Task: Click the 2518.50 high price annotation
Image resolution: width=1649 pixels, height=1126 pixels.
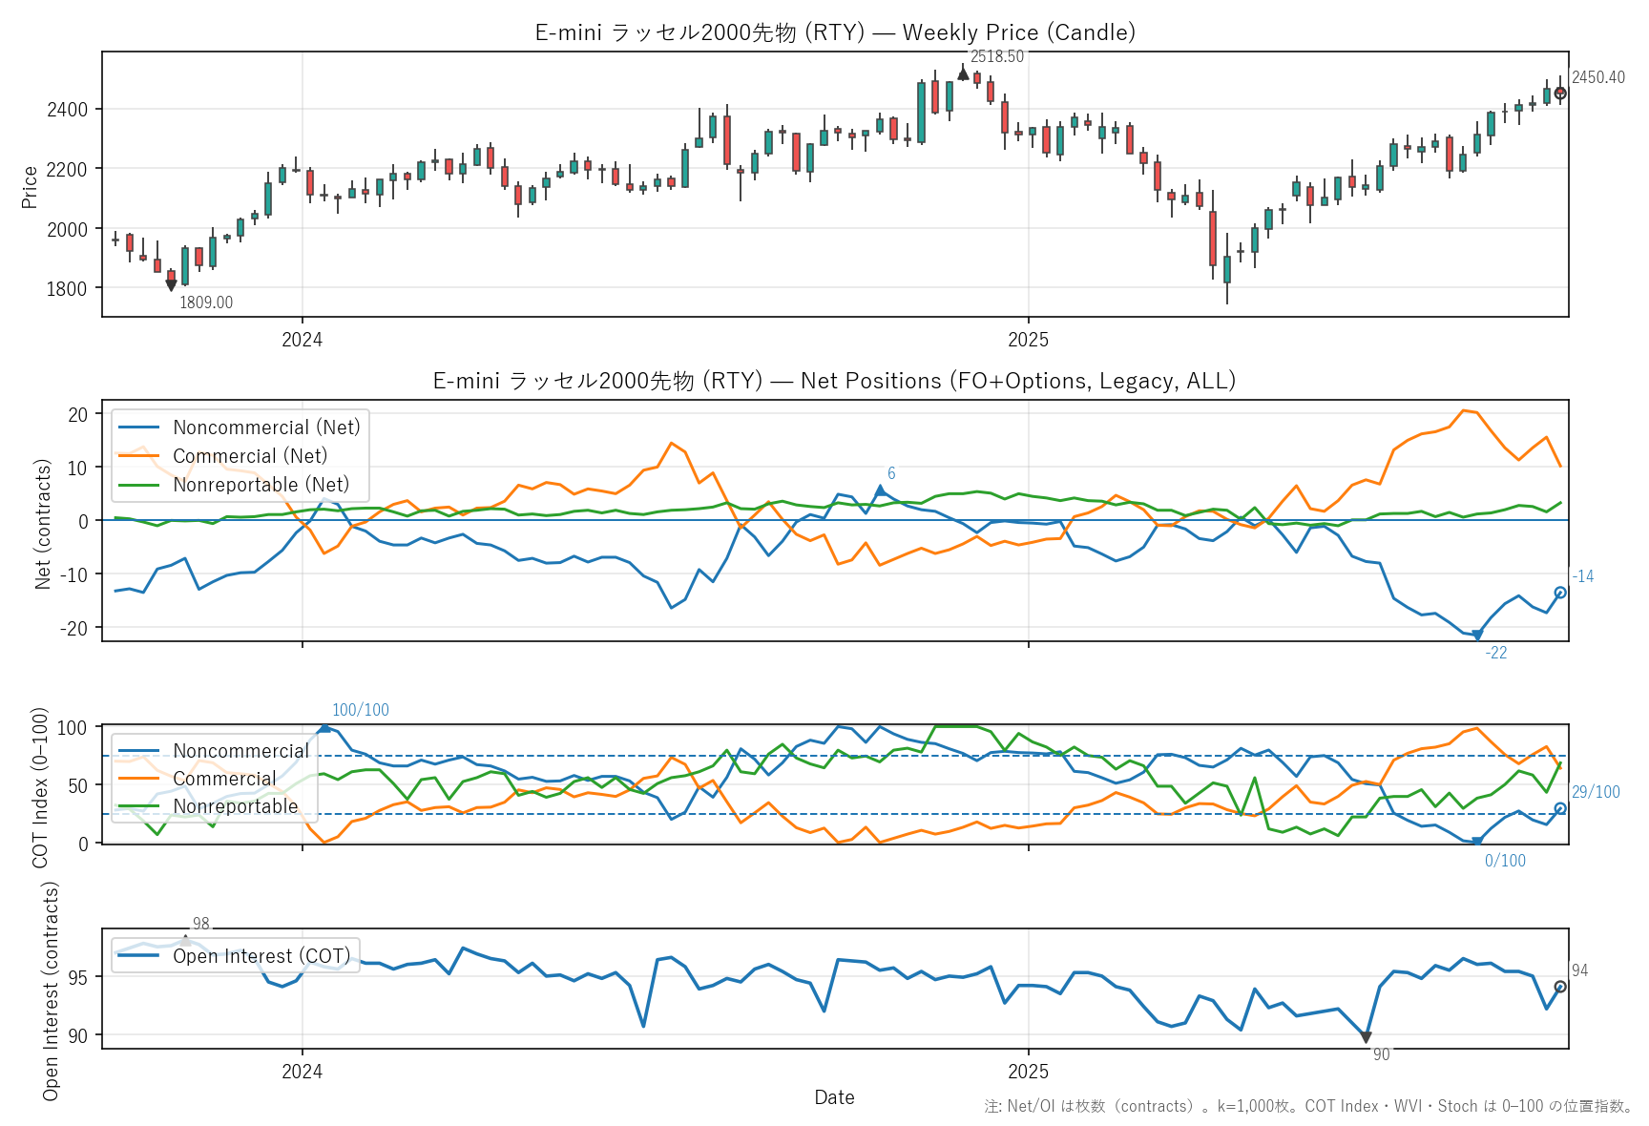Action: pyautogui.click(x=996, y=57)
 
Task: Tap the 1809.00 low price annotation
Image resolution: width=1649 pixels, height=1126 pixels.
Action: pyautogui.click(x=206, y=302)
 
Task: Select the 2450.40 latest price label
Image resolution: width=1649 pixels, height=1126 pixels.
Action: pyautogui.click(x=1597, y=77)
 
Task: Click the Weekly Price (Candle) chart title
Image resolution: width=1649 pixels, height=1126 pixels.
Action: pyautogui.click(x=835, y=32)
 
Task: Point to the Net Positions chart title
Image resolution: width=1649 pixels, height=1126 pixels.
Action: pyautogui.click(x=835, y=381)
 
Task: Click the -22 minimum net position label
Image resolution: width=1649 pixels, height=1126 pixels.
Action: pyautogui.click(x=1495, y=653)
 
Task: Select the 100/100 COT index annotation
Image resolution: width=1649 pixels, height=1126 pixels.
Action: pyautogui.click(x=360, y=710)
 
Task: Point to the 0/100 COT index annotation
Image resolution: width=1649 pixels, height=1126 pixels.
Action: pyautogui.click(x=1505, y=861)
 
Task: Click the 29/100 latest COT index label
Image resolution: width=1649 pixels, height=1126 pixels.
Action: pyautogui.click(x=1596, y=792)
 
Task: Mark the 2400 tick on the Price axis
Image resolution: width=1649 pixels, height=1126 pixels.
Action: pyautogui.click(x=67, y=109)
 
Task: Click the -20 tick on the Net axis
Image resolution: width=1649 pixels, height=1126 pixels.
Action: pyautogui.click(x=73, y=628)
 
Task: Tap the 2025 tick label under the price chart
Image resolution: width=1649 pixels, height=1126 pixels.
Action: pyautogui.click(x=1028, y=340)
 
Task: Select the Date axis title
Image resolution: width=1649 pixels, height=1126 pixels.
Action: pyautogui.click(x=834, y=1097)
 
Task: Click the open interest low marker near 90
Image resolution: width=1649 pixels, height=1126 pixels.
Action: pyautogui.click(x=1366, y=1037)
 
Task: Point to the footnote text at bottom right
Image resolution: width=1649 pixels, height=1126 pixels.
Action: pyautogui.click(x=1307, y=1106)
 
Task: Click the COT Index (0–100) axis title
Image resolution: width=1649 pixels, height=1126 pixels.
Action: pyautogui.click(x=40, y=787)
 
